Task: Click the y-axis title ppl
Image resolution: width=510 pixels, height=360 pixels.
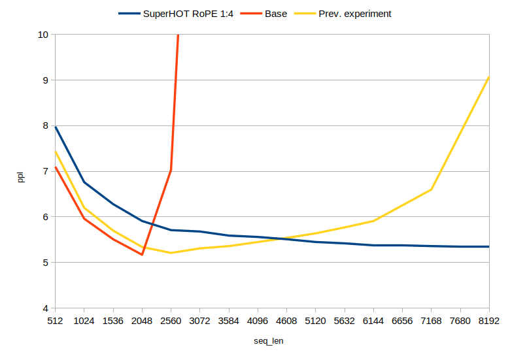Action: (20, 176)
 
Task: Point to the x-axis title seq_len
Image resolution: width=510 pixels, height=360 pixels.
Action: (269, 341)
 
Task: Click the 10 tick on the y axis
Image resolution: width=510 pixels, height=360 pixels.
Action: (43, 35)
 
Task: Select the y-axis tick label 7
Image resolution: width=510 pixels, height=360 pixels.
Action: (46, 171)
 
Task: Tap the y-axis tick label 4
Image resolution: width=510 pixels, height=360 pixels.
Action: (46, 308)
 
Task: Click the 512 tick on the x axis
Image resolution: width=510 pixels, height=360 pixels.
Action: (56, 321)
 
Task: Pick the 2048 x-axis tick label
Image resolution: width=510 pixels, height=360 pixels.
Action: (142, 321)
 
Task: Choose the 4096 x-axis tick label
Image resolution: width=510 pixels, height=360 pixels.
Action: (258, 321)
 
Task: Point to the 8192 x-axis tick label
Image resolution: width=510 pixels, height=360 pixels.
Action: (489, 321)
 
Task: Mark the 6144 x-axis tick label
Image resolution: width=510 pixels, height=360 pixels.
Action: (373, 321)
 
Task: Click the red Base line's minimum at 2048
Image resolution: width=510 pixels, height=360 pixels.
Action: (142, 254)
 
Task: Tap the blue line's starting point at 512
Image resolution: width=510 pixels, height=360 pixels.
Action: (56, 127)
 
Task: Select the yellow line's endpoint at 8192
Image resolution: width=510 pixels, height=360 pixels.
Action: (489, 76)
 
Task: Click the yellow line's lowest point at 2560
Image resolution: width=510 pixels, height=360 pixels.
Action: (171, 253)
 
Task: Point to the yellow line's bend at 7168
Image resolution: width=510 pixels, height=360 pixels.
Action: (432, 189)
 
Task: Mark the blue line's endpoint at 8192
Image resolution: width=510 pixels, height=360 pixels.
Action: (489, 246)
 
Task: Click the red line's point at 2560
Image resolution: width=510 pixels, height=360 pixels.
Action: (171, 170)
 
